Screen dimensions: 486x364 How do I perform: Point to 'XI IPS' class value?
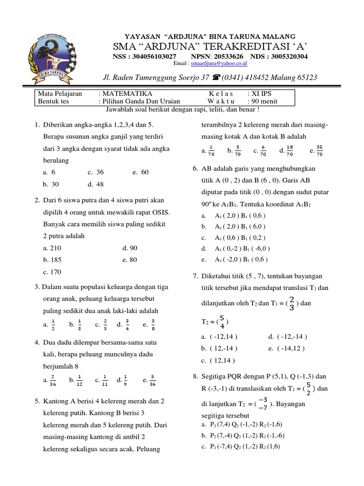(x=259, y=94)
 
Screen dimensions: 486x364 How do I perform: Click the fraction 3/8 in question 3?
(x=153, y=325)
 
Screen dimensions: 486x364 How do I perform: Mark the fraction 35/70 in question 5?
(x=319, y=151)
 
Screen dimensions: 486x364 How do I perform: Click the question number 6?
(x=195, y=168)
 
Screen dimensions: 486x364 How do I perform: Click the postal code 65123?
(x=306, y=77)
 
